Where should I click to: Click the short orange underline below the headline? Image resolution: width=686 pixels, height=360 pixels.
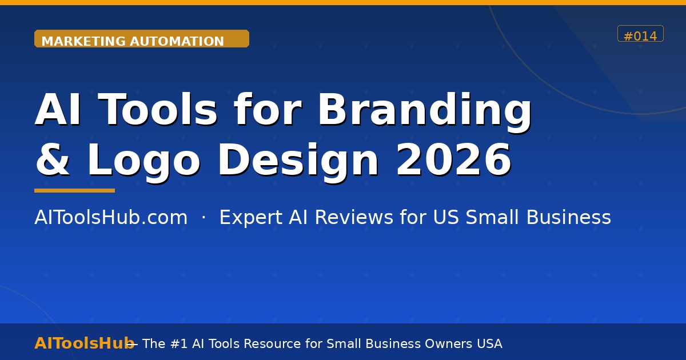tap(74, 191)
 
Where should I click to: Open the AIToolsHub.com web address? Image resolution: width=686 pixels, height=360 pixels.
tap(111, 218)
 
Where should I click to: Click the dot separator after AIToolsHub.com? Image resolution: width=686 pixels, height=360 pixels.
tap(204, 218)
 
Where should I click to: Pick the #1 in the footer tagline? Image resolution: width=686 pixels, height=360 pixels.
tap(179, 343)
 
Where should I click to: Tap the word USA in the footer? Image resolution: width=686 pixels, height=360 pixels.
tap(489, 343)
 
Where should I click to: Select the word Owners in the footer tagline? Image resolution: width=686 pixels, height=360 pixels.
tap(448, 343)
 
